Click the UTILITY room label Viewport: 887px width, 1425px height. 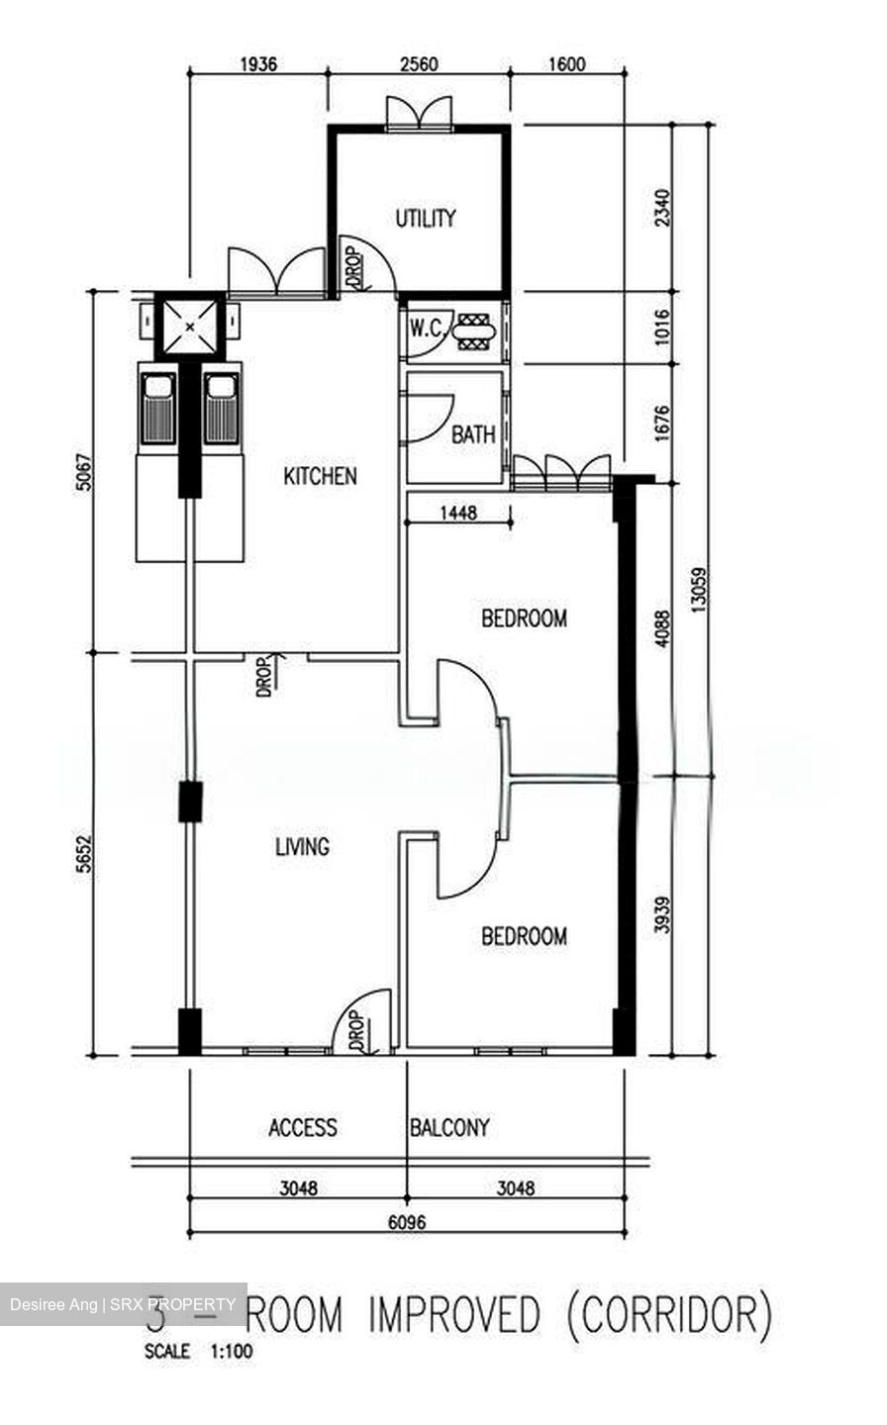tap(426, 218)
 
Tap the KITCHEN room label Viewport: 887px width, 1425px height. tap(320, 476)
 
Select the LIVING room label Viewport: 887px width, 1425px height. tap(302, 847)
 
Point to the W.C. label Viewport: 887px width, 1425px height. tap(427, 330)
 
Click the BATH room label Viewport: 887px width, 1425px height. tap(473, 434)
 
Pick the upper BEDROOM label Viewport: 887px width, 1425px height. tap(524, 619)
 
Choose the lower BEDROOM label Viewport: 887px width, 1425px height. tap(524, 936)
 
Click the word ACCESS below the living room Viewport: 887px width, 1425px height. tap(303, 1127)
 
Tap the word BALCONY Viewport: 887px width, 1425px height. tap(449, 1127)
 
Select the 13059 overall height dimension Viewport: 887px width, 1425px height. tap(700, 592)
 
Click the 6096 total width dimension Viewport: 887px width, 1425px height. tap(406, 1222)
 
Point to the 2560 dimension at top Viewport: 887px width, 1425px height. tap(420, 65)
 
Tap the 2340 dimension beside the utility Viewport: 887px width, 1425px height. tap(662, 208)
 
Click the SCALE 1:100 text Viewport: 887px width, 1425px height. tap(198, 1352)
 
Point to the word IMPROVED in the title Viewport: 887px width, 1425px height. tap(454, 1316)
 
